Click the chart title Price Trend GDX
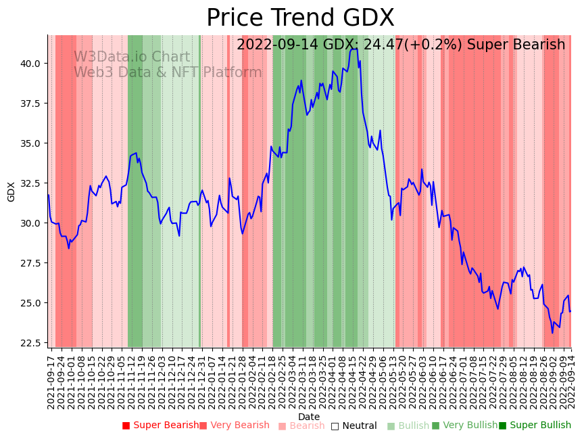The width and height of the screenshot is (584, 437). point(300,18)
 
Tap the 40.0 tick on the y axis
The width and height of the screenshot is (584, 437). point(31,64)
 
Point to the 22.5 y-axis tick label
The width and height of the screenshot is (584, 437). point(31,343)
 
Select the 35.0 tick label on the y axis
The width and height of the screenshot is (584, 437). point(31,143)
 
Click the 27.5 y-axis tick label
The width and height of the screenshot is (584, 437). point(31,263)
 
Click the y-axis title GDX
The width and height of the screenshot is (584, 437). point(11,191)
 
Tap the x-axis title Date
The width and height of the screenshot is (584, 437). point(309,417)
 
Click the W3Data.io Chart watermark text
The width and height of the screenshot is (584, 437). point(132,57)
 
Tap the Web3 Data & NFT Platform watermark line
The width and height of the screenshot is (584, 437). point(168,72)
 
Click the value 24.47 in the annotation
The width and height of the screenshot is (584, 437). point(384,45)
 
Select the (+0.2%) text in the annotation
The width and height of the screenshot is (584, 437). point(435,45)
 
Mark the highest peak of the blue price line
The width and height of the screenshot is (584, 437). point(352,48)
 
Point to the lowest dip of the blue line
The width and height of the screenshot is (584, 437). point(552,332)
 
